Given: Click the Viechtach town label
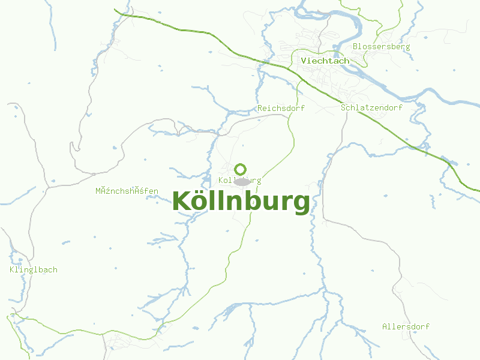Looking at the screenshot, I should [325, 61].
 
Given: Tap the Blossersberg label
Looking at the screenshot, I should [382, 46].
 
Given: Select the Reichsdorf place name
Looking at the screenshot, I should [281, 109].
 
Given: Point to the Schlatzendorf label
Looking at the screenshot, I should [371, 107].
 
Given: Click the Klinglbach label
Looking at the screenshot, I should [34, 270].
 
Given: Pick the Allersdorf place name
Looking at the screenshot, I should [406, 327].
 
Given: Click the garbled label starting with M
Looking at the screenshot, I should [127, 191].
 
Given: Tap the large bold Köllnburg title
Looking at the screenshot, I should [241, 202].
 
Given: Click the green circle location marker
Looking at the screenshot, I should [241, 169].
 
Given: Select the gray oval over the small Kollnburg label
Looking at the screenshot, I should [242, 181].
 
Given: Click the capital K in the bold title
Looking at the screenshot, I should [181, 201].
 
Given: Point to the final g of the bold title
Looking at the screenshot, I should [302, 204].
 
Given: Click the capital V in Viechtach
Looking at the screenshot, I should [304, 61].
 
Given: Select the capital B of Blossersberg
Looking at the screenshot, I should [356, 46].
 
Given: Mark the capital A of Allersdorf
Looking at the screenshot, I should [385, 327].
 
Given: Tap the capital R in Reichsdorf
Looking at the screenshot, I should [260, 109].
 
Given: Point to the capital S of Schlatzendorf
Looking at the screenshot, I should [343, 107].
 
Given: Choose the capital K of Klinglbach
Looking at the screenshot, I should [12, 270].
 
